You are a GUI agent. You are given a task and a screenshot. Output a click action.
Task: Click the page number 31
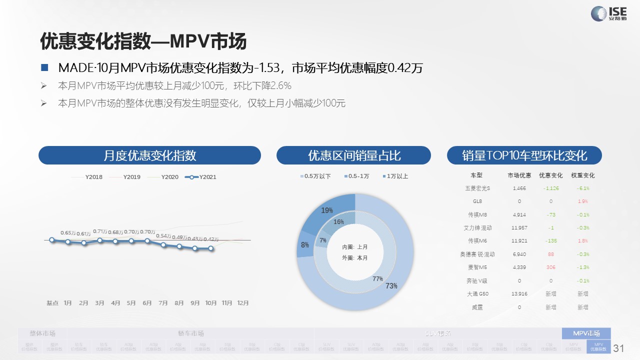tap(619, 348)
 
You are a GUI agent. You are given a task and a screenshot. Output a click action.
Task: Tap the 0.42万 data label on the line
tap(211, 239)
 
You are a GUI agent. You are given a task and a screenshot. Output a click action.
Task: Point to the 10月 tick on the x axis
tap(211, 303)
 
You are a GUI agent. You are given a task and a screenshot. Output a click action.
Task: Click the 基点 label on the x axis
tap(52, 303)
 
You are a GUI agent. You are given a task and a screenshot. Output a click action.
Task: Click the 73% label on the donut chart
tap(391, 286)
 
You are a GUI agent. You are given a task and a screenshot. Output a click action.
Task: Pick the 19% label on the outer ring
tap(327, 210)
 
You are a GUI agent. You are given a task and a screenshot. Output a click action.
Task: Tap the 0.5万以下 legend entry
tap(315, 176)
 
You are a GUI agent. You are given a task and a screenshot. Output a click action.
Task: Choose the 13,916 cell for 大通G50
tap(519, 294)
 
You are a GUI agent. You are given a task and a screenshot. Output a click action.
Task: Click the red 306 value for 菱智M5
tap(550, 267)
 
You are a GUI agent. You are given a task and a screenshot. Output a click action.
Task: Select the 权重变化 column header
tap(583, 175)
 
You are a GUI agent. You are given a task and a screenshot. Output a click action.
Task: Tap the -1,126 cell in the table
tap(550, 188)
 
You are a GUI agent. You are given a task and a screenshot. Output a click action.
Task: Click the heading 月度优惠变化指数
tap(149, 155)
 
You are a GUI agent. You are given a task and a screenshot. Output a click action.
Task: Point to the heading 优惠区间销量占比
tap(353, 155)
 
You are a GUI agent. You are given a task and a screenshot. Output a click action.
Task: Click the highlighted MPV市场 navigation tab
tap(586, 333)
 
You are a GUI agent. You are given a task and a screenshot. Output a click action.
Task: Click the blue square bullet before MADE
tap(45, 67)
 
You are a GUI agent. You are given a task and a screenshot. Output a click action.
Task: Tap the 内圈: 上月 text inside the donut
tap(355, 247)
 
